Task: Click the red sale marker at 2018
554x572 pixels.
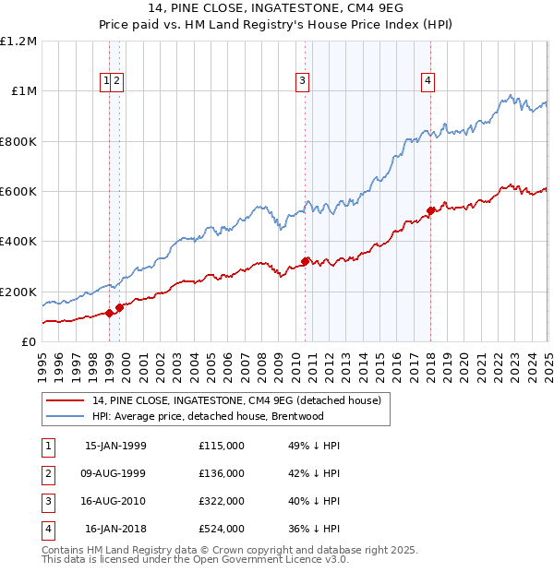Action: (x=430, y=210)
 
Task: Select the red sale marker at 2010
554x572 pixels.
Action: (x=306, y=261)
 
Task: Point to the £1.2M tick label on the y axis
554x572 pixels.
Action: (x=19, y=42)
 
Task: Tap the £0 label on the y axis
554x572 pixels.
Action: (x=30, y=341)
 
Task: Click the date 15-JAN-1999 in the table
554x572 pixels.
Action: (x=115, y=446)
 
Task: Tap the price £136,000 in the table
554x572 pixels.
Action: (x=222, y=473)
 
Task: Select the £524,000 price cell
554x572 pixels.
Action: (x=222, y=529)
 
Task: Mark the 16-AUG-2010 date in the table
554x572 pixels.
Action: (x=115, y=501)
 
